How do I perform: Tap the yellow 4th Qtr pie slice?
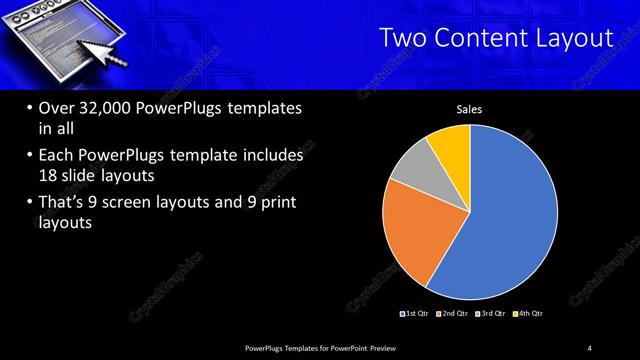point(451,144)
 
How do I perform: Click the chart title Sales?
point(470,108)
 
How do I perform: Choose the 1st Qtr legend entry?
point(415,314)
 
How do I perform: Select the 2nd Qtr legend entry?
point(453,314)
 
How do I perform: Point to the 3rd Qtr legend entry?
point(491,314)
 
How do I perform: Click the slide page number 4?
point(590,347)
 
